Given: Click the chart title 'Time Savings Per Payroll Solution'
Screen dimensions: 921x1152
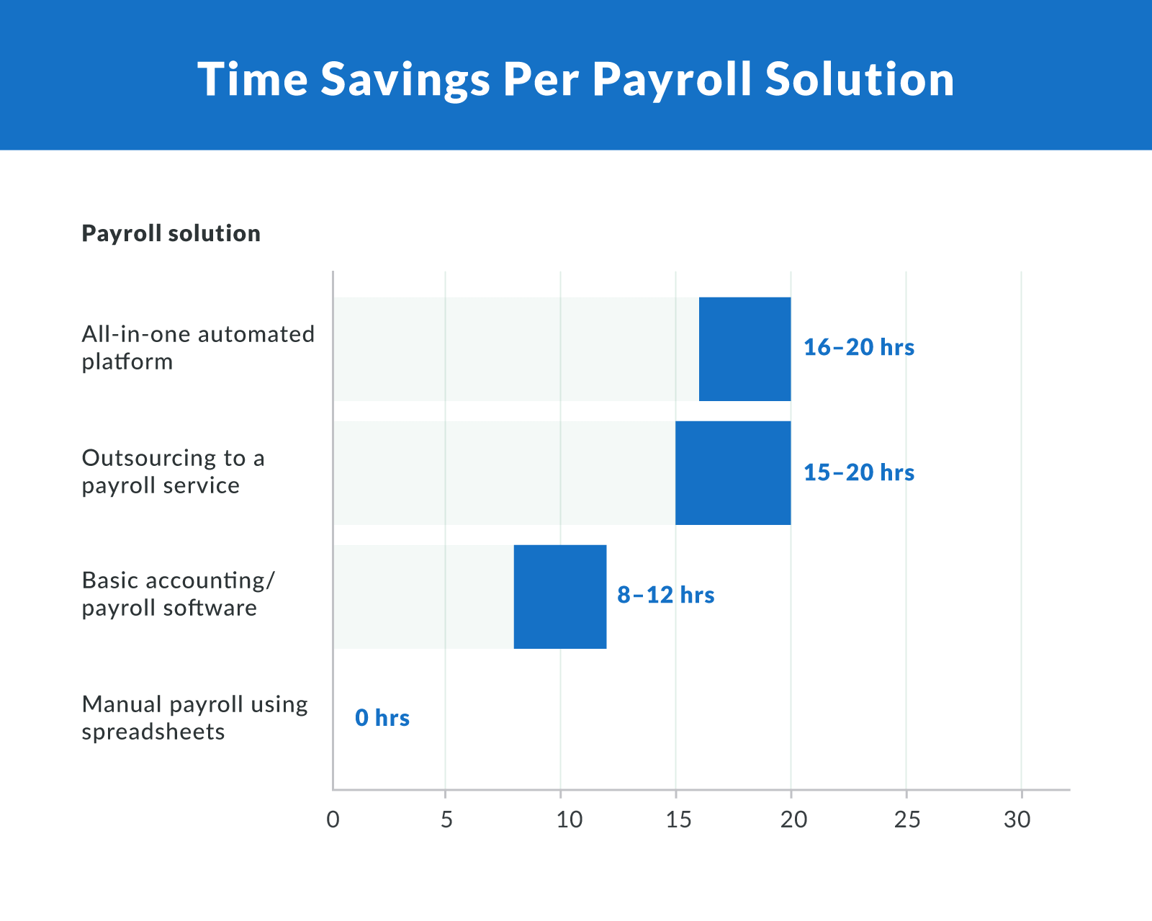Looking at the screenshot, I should (576, 78).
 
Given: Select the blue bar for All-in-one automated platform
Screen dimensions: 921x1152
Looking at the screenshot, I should (744, 349).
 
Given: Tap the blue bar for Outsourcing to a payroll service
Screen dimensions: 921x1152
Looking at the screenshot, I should (733, 473).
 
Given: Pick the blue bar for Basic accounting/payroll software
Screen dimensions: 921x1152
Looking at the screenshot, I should (560, 597).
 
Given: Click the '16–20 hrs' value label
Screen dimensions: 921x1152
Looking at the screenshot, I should (859, 348).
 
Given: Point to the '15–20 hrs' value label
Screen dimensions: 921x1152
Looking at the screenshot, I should (859, 473).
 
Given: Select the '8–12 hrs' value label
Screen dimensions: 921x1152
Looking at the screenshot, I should (666, 596).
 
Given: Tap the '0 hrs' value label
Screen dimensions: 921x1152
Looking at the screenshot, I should (382, 718).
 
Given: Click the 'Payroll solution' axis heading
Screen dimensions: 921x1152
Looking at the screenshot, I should (171, 233).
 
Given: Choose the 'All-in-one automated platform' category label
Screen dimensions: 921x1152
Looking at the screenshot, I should (198, 348).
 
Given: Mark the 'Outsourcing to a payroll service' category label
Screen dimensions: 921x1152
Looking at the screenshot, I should (173, 472).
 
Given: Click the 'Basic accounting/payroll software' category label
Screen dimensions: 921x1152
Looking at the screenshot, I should (178, 594).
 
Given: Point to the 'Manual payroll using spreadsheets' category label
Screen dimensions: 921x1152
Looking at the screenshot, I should (194, 718).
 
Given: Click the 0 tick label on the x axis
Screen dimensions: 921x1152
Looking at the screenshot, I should (333, 819).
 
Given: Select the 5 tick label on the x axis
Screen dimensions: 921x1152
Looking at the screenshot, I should (446, 819).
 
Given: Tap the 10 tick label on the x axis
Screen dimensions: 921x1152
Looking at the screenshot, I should (570, 819).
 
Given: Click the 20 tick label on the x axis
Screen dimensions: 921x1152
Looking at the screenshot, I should (794, 819).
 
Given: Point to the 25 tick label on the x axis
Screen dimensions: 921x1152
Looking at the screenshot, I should (907, 819).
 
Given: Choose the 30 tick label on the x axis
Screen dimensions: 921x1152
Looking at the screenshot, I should (1017, 819).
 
